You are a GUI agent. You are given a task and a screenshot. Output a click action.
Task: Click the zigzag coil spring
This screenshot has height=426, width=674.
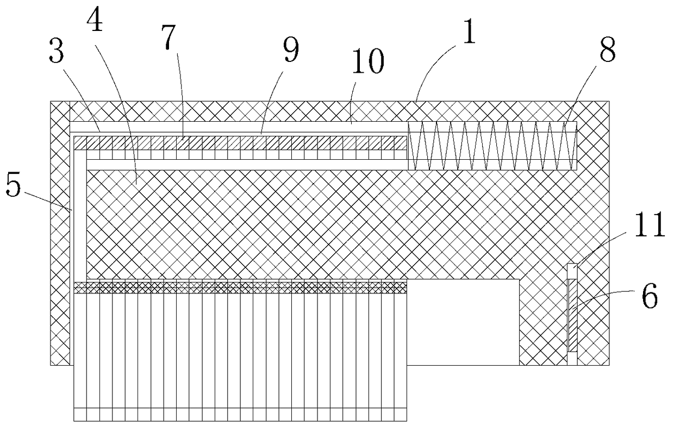(492, 145)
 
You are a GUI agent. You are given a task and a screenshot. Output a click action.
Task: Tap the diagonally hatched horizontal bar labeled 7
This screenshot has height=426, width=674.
(239, 142)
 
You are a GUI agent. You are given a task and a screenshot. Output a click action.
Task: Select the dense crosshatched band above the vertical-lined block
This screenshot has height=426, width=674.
(239, 287)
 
